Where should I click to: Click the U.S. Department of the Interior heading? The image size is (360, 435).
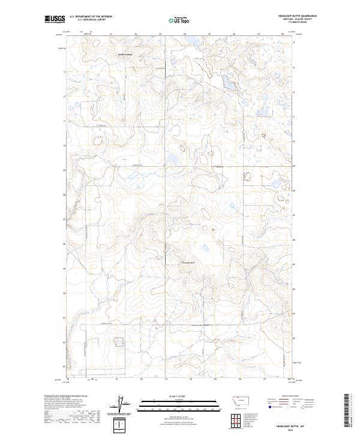(91, 16)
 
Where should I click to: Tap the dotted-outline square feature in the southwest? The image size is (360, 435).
(118, 341)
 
